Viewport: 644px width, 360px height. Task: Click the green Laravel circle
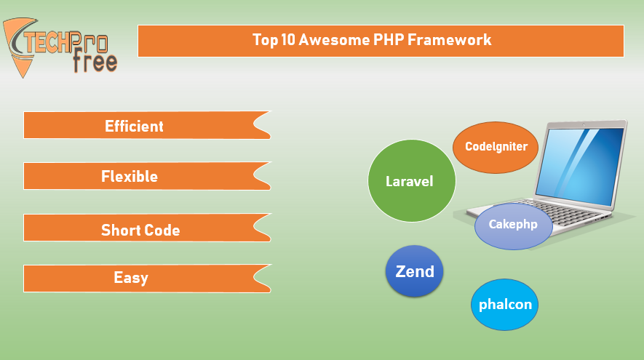click(x=412, y=181)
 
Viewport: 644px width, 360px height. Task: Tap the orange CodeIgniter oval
click(x=496, y=148)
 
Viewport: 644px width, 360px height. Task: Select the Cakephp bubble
click(x=514, y=226)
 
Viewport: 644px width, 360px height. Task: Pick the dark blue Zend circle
click(x=414, y=271)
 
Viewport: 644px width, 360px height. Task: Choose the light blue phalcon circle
click(x=504, y=305)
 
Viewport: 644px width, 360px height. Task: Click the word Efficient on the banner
click(x=134, y=126)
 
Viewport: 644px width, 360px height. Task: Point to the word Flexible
click(x=130, y=177)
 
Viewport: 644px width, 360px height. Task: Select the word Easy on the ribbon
click(x=130, y=278)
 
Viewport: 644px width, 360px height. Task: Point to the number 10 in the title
click(x=288, y=40)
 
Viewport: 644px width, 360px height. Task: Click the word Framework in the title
click(x=449, y=40)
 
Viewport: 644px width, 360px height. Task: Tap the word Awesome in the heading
click(x=334, y=40)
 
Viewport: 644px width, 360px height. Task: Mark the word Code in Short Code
click(x=161, y=230)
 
